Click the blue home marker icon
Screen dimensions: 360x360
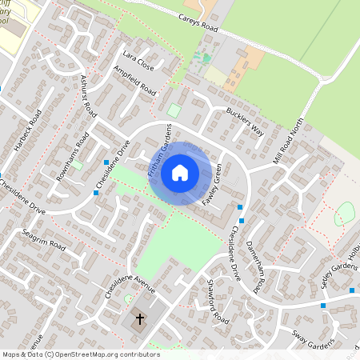point(179,172)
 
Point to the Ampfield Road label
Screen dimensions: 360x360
point(134,82)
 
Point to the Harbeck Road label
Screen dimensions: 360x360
point(26,129)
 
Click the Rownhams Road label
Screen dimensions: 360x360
point(71,154)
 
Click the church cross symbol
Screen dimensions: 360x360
point(139,320)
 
